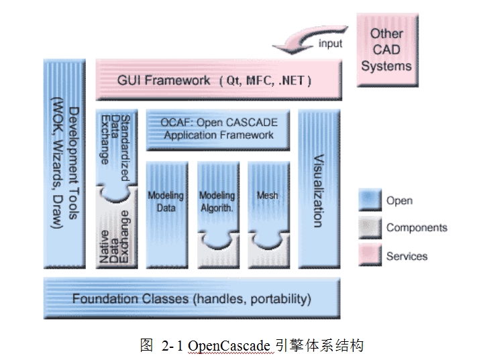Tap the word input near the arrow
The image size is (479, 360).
coord(329,44)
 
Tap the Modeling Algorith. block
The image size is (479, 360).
coord(217,201)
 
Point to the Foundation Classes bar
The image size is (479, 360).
coord(192,298)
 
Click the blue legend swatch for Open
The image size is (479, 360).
coord(370,200)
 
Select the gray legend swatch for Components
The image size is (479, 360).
coord(370,228)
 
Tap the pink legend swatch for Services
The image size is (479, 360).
coord(370,255)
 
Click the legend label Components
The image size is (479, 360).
coord(416,228)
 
